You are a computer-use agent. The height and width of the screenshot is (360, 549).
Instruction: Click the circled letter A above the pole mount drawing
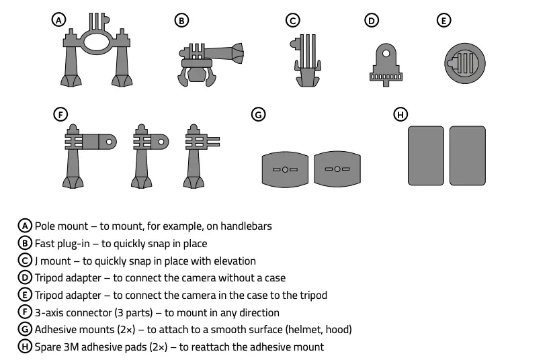[59, 20]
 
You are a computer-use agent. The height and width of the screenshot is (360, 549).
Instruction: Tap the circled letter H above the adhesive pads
[400, 114]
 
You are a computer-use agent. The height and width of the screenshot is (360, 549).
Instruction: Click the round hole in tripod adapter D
[386, 52]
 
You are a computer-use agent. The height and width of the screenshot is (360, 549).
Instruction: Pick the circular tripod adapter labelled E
[463, 64]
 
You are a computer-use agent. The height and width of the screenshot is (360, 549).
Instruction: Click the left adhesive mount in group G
[285, 169]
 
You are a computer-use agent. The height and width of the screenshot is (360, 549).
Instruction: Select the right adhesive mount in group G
[337, 169]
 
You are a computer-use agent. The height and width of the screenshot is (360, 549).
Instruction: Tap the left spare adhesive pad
[426, 156]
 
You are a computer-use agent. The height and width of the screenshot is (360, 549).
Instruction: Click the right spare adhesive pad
[468, 156]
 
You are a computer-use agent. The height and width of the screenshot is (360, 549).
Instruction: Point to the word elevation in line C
[233, 261]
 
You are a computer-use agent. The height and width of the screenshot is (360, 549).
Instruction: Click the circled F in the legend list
[25, 312]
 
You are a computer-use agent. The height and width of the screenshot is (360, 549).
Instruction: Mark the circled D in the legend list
[25, 277]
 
